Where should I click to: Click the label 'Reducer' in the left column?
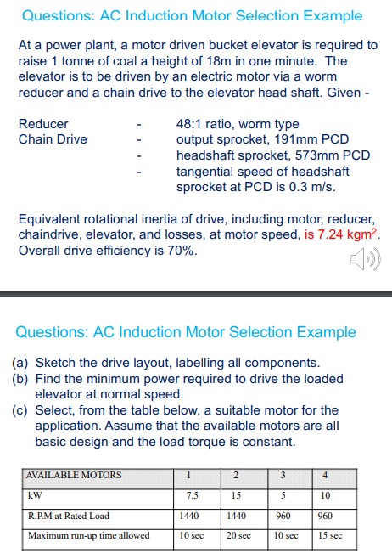(43, 124)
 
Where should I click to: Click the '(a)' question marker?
(22, 362)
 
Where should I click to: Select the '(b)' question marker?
(22, 378)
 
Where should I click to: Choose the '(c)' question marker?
(22, 410)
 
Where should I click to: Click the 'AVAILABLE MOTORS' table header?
(73, 475)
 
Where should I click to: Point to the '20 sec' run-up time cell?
(238, 536)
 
